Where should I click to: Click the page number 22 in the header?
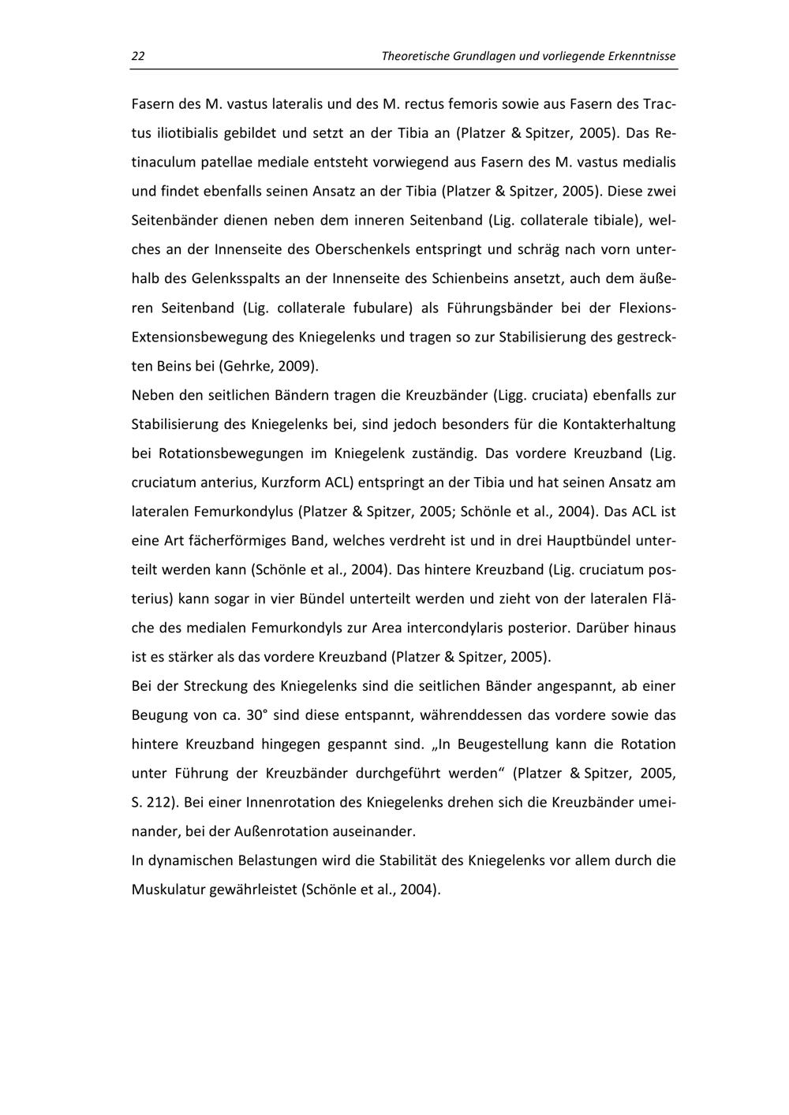coord(138,57)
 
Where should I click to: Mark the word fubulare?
coord(379,308)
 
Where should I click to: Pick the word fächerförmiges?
coord(241,541)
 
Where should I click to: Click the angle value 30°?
coord(257,715)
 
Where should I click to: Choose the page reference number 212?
coord(159,803)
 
